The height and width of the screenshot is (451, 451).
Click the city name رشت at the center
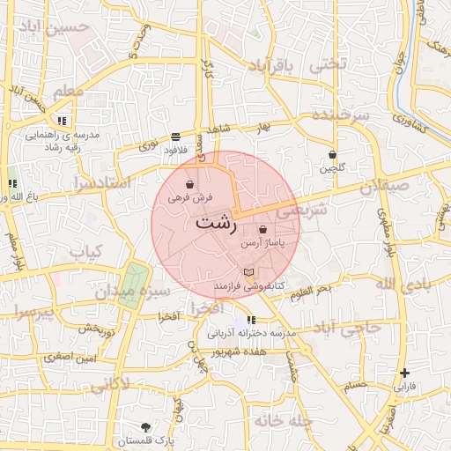216,223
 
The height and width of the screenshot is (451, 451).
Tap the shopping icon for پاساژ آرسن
263,229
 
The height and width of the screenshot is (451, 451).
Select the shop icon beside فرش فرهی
190,185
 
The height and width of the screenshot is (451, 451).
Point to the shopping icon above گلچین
332,153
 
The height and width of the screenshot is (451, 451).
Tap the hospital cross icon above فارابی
403,373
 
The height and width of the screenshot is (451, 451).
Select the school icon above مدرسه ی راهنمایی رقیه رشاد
62,120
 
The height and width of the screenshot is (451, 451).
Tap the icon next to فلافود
176,137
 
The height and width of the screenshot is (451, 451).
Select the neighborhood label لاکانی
109,384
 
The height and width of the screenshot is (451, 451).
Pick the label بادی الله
403,284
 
